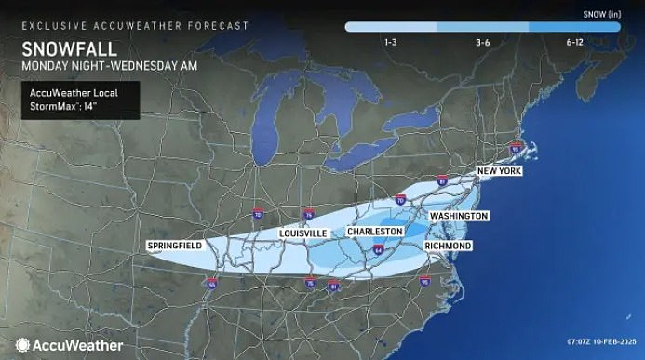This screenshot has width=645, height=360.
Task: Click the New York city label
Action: (x=499, y=172)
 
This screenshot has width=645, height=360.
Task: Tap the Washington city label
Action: (x=459, y=216)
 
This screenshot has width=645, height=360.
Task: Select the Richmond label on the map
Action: (x=448, y=246)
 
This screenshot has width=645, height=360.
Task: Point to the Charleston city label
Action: (x=375, y=231)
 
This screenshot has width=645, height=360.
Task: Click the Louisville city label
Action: (x=302, y=233)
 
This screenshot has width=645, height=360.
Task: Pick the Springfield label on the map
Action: (x=175, y=246)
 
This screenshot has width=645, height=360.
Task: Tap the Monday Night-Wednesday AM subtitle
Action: (x=88, y=66)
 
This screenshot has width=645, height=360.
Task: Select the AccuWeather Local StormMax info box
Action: (x=81, y=99)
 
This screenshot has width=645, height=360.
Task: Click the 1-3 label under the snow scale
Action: (x=391, y=43)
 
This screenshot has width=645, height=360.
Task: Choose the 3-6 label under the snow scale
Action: (x=483, y=43)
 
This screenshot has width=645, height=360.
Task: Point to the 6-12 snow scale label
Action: (x=573, y=43)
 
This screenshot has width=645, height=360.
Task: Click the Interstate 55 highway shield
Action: (x=212, y=284)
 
